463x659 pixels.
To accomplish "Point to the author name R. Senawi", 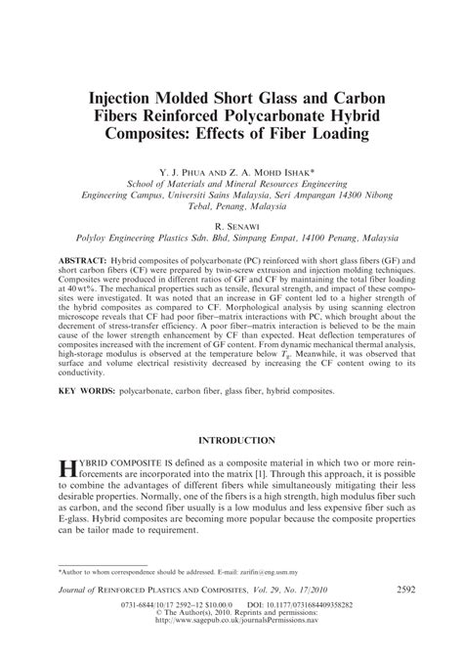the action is coord(231,224).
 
